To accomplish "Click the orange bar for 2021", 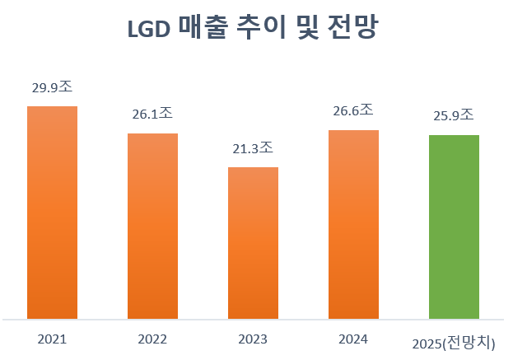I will pos(52,213).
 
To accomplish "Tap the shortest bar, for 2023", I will pos(253,243).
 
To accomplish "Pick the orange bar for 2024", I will pos(353,224).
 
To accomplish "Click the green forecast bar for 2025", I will pos(454,227).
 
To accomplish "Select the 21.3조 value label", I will pos(253,148).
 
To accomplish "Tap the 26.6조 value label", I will pos(353,110).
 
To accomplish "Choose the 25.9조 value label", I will pos(454,115).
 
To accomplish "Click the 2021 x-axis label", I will pos(52,339).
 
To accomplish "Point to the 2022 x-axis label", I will pos(152,339).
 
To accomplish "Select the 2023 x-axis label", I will pos(253,339).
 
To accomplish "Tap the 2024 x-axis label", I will pos(353,339).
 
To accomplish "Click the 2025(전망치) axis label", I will pos(459,341).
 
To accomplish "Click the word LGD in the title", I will pos(149,29).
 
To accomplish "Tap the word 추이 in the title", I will pos(260,29).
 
